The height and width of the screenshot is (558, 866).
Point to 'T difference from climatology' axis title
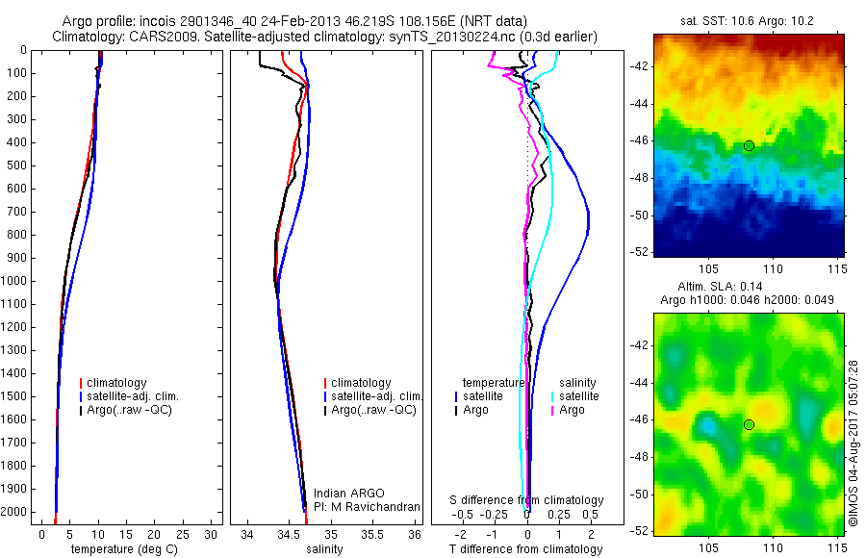click(526, 549)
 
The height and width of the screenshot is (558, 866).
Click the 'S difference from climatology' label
click(526, 500)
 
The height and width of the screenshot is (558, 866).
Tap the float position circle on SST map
click(749, 145)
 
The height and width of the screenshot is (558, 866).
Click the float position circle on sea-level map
click(749, 424)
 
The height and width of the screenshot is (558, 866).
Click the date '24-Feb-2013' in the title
click(273, 21)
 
